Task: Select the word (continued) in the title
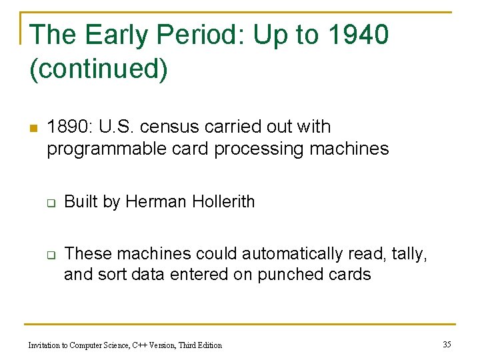[x=99, y=69]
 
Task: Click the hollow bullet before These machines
[x=49, y=255]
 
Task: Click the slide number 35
[x=447, y=344]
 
